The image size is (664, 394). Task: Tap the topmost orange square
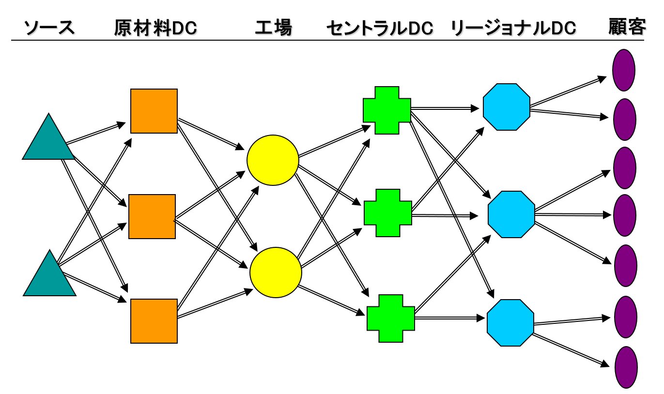(154, 111)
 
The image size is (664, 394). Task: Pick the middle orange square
(152, 216)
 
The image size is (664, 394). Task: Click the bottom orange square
(154, 321)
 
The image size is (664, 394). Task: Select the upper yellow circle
(273, 160)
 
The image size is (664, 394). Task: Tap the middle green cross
(387, 212)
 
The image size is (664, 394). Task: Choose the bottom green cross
(390, 318)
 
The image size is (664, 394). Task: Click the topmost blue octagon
(507, 107)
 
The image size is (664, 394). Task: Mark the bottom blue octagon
(510, 322)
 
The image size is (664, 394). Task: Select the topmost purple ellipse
(624, 70)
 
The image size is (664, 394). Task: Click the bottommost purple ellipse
(626, 367)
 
